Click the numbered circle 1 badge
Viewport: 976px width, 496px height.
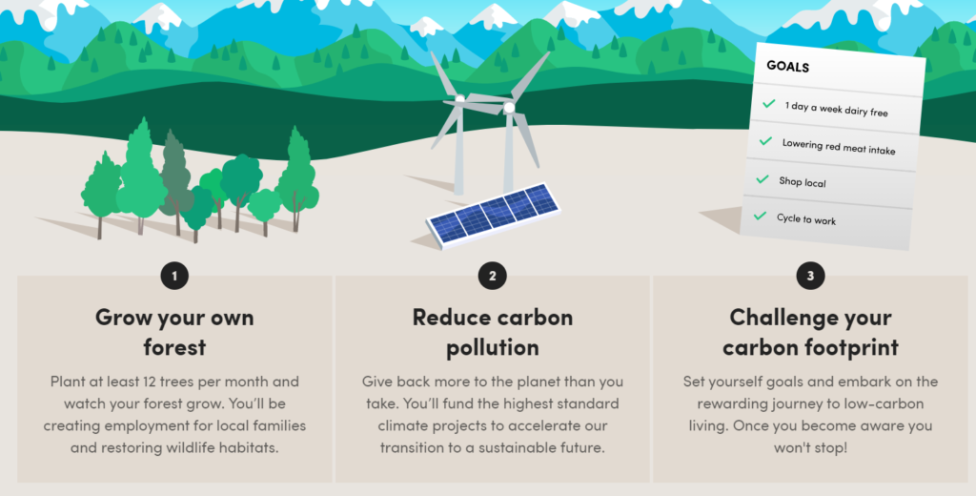(x=174, y=276)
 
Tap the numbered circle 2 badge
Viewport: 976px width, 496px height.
(x=493, y=276)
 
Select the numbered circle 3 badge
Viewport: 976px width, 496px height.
(x=810, y=276)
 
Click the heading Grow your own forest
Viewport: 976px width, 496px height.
(x=174, y=332)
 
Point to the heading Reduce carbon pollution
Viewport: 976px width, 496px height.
(x=493, y=332)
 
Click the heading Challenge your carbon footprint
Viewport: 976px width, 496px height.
(x=810, y=332)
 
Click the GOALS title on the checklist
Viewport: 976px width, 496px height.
(x=787, y=66)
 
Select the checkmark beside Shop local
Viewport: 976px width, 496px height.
(x=762, y=179)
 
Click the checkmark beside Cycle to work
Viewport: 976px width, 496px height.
(x=760, y=217)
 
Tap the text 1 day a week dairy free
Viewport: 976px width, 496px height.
(x=836, y=109)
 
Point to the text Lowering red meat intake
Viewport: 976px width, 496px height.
(x=839, y=147)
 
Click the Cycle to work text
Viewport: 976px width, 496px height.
(x=806, y=218)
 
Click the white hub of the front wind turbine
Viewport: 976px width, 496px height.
(x=509, y=108)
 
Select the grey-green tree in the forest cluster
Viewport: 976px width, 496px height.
(x=174, y=180)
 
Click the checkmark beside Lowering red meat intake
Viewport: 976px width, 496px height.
(x=765, y=141)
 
